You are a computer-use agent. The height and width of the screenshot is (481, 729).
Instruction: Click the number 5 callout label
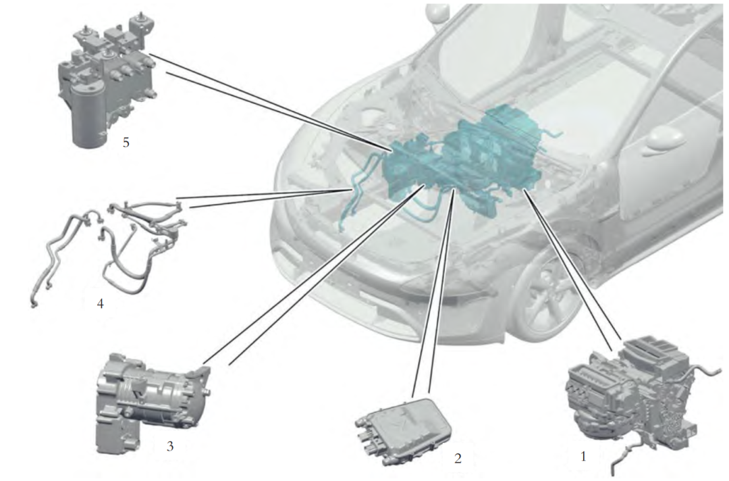point(126,142)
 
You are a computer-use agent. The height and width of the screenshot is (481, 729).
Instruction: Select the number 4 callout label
point(100,304)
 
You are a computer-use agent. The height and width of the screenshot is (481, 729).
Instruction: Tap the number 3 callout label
point(170,446)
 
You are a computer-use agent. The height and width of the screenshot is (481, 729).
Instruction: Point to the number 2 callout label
point(458,458)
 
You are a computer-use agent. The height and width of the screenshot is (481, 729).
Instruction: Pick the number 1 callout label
point(583,457)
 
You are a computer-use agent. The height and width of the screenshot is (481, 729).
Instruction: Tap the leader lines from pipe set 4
point(265,198)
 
